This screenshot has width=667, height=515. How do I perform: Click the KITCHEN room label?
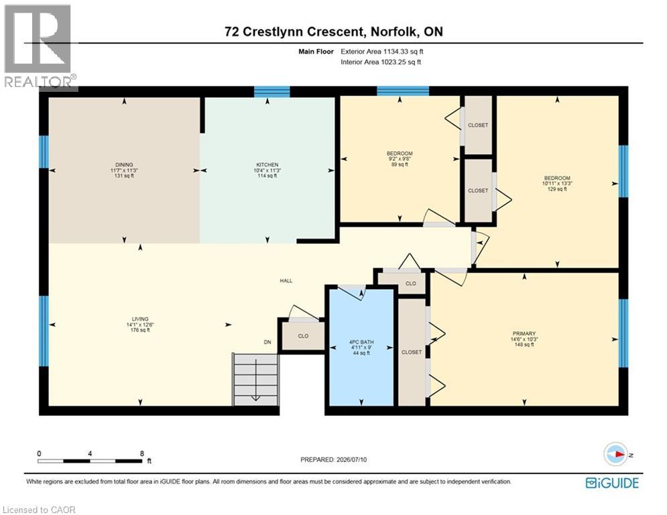267,165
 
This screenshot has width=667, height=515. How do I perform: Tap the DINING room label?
124,165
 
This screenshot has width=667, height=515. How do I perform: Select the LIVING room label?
140,319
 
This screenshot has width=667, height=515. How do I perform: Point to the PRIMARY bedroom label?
524,334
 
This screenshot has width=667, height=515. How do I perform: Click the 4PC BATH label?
361,342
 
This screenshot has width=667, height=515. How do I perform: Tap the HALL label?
286,281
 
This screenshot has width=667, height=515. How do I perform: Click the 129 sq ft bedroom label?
557,184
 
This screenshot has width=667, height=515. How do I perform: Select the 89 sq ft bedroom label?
400,159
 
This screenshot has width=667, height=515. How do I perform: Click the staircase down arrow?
255,380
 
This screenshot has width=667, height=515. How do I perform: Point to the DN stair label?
267,342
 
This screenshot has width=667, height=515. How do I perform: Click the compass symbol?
615,455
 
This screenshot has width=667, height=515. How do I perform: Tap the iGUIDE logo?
612,483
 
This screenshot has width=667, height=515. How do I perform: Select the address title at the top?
334,32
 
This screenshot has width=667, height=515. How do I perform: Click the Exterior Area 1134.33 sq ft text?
382,52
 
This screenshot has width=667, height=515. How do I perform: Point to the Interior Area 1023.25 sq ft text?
381,62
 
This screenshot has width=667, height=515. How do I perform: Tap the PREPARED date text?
334,459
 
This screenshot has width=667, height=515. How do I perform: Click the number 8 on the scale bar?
142,454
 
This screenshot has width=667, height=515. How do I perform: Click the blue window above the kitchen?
271,91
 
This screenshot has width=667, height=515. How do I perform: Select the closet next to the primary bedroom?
412,352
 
